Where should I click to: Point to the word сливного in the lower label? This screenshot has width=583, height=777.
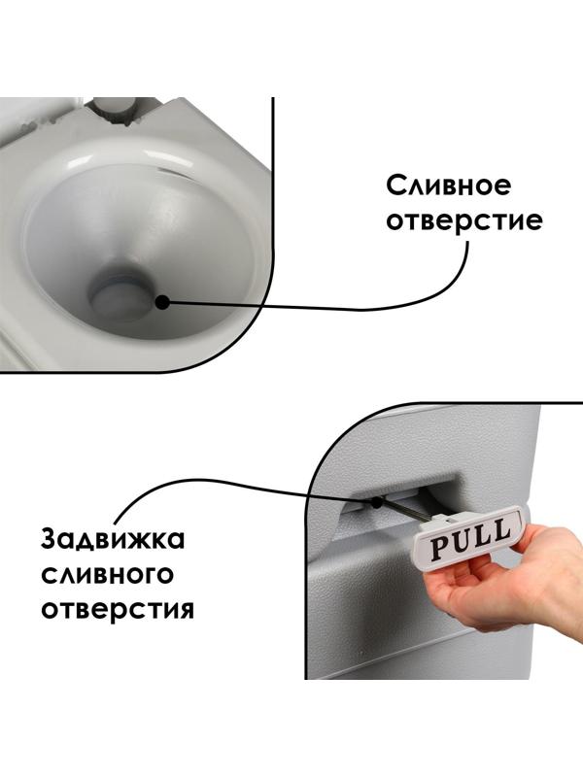tap(107, 574)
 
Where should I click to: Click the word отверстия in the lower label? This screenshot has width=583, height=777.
tap(118, 609)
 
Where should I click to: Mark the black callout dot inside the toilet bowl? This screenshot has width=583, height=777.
tap(161, 302)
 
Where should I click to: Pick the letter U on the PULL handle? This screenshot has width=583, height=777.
tap(460, 542)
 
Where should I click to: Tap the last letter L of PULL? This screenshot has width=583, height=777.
tap(500, 530)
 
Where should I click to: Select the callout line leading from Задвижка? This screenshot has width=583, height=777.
tap(194, 482)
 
